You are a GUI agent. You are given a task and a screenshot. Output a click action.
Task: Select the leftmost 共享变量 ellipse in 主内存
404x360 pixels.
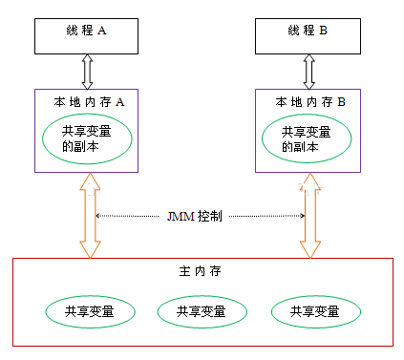coord(87,310)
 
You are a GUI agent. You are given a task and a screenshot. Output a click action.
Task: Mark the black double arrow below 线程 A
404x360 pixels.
coord(89,72)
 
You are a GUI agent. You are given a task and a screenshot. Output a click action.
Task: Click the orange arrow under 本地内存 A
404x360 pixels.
coord(89,215)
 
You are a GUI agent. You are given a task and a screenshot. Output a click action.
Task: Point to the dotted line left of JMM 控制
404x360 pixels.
coord(129,216)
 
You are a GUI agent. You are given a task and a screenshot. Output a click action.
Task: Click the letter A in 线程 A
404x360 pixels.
coord(102,31)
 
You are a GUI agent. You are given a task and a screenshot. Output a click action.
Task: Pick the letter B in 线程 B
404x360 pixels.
coord(324,31)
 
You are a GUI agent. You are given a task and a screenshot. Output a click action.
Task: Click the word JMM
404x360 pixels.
coord(178,216)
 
